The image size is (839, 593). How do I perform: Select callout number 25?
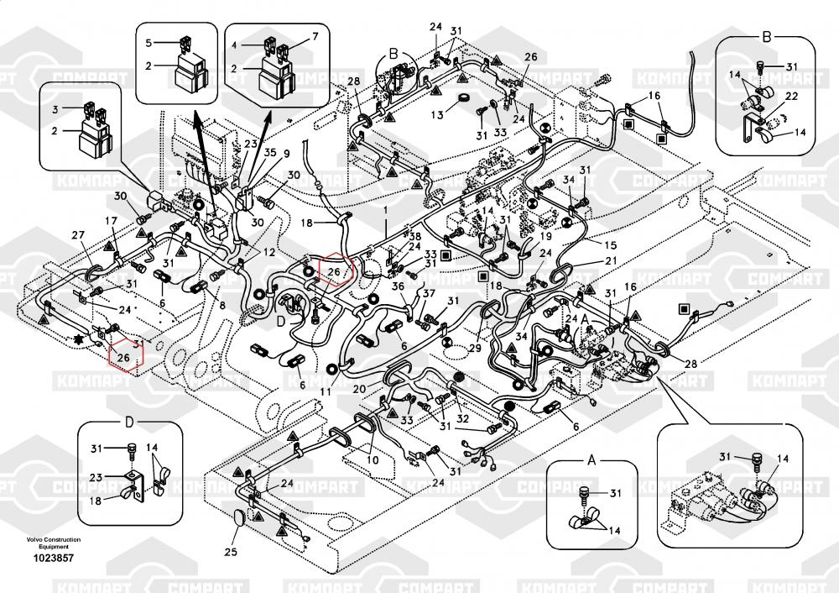click(x=231, y=552)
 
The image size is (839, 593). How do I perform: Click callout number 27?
click(x=78, y=234)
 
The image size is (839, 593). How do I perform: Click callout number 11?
click(x=326, y=391)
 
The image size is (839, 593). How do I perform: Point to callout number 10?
click(x=373, y=459)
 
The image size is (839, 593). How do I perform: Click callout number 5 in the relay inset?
click(x=149, y=41)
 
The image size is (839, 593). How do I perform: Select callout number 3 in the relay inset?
click(x=55, y=109)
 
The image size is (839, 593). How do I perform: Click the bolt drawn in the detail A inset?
click(x=584, y=492)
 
